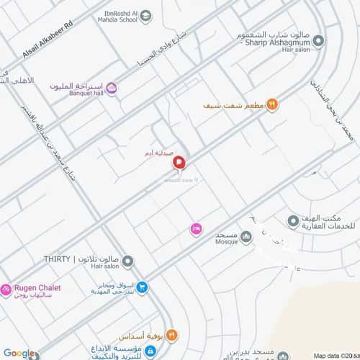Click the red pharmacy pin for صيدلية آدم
(179, 165)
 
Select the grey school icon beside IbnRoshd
(146, 15)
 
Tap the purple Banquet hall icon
(112, 88)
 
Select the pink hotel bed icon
(195, 229)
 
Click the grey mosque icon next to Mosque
(246, 236)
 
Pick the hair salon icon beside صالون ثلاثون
(127, 259)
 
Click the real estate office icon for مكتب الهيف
(293, 220)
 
